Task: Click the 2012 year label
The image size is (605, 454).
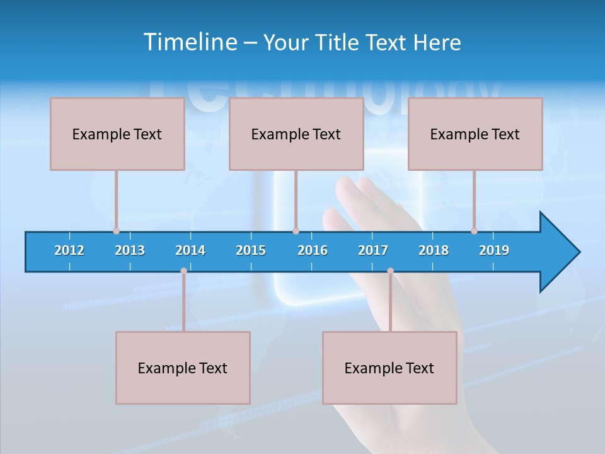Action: tap(69, 250)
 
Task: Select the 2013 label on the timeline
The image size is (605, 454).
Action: tap(130, 250)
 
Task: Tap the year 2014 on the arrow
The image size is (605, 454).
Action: tap(190, 250)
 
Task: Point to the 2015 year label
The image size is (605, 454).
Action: tap(251, 250)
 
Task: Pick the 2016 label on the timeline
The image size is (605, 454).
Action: tap(313, 250)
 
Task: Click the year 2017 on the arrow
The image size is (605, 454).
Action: tap(373, 250)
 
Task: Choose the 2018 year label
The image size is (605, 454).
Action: tap(434, 250)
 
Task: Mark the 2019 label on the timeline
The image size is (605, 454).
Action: tap(494, 250)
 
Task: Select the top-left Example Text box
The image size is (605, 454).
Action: tap(117, 134)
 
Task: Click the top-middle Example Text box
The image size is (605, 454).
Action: tap(296, 134)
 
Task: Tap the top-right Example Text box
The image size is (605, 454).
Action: tap(475, 134)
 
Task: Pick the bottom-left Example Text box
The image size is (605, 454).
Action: tap(183, 368)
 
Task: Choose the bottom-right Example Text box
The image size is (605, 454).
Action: tap(389, 368)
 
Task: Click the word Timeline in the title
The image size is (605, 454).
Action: tap(190, 42)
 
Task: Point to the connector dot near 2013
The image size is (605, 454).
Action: tap(116, 231)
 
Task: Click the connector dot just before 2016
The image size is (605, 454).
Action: tap(296, 231)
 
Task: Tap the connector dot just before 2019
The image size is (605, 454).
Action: tap(474, 231)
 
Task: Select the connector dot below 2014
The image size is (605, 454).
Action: tap(183, 271)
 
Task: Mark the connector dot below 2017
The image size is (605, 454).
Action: tap(390, 271)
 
